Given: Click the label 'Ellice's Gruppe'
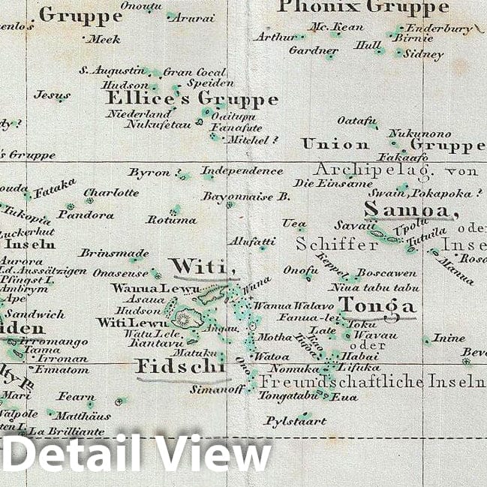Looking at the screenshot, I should click(191, 99).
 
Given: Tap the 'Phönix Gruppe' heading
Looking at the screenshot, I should click(363, 8).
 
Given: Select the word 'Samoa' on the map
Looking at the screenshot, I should click(410, 211).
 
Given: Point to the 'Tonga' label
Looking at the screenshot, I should click(377, 305).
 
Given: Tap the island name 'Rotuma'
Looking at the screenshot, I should click(171, 220).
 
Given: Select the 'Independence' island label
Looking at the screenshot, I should click(242, 171).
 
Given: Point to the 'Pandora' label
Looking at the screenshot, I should click(86, 215).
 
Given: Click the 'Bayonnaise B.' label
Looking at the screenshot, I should click(245, 197).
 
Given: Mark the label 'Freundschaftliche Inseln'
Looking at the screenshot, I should click(372, 381).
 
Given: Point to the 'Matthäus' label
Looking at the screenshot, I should click(83, 415).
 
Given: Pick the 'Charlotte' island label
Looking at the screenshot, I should click(111, 192).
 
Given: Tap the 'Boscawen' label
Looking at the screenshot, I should click(386, 272).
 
